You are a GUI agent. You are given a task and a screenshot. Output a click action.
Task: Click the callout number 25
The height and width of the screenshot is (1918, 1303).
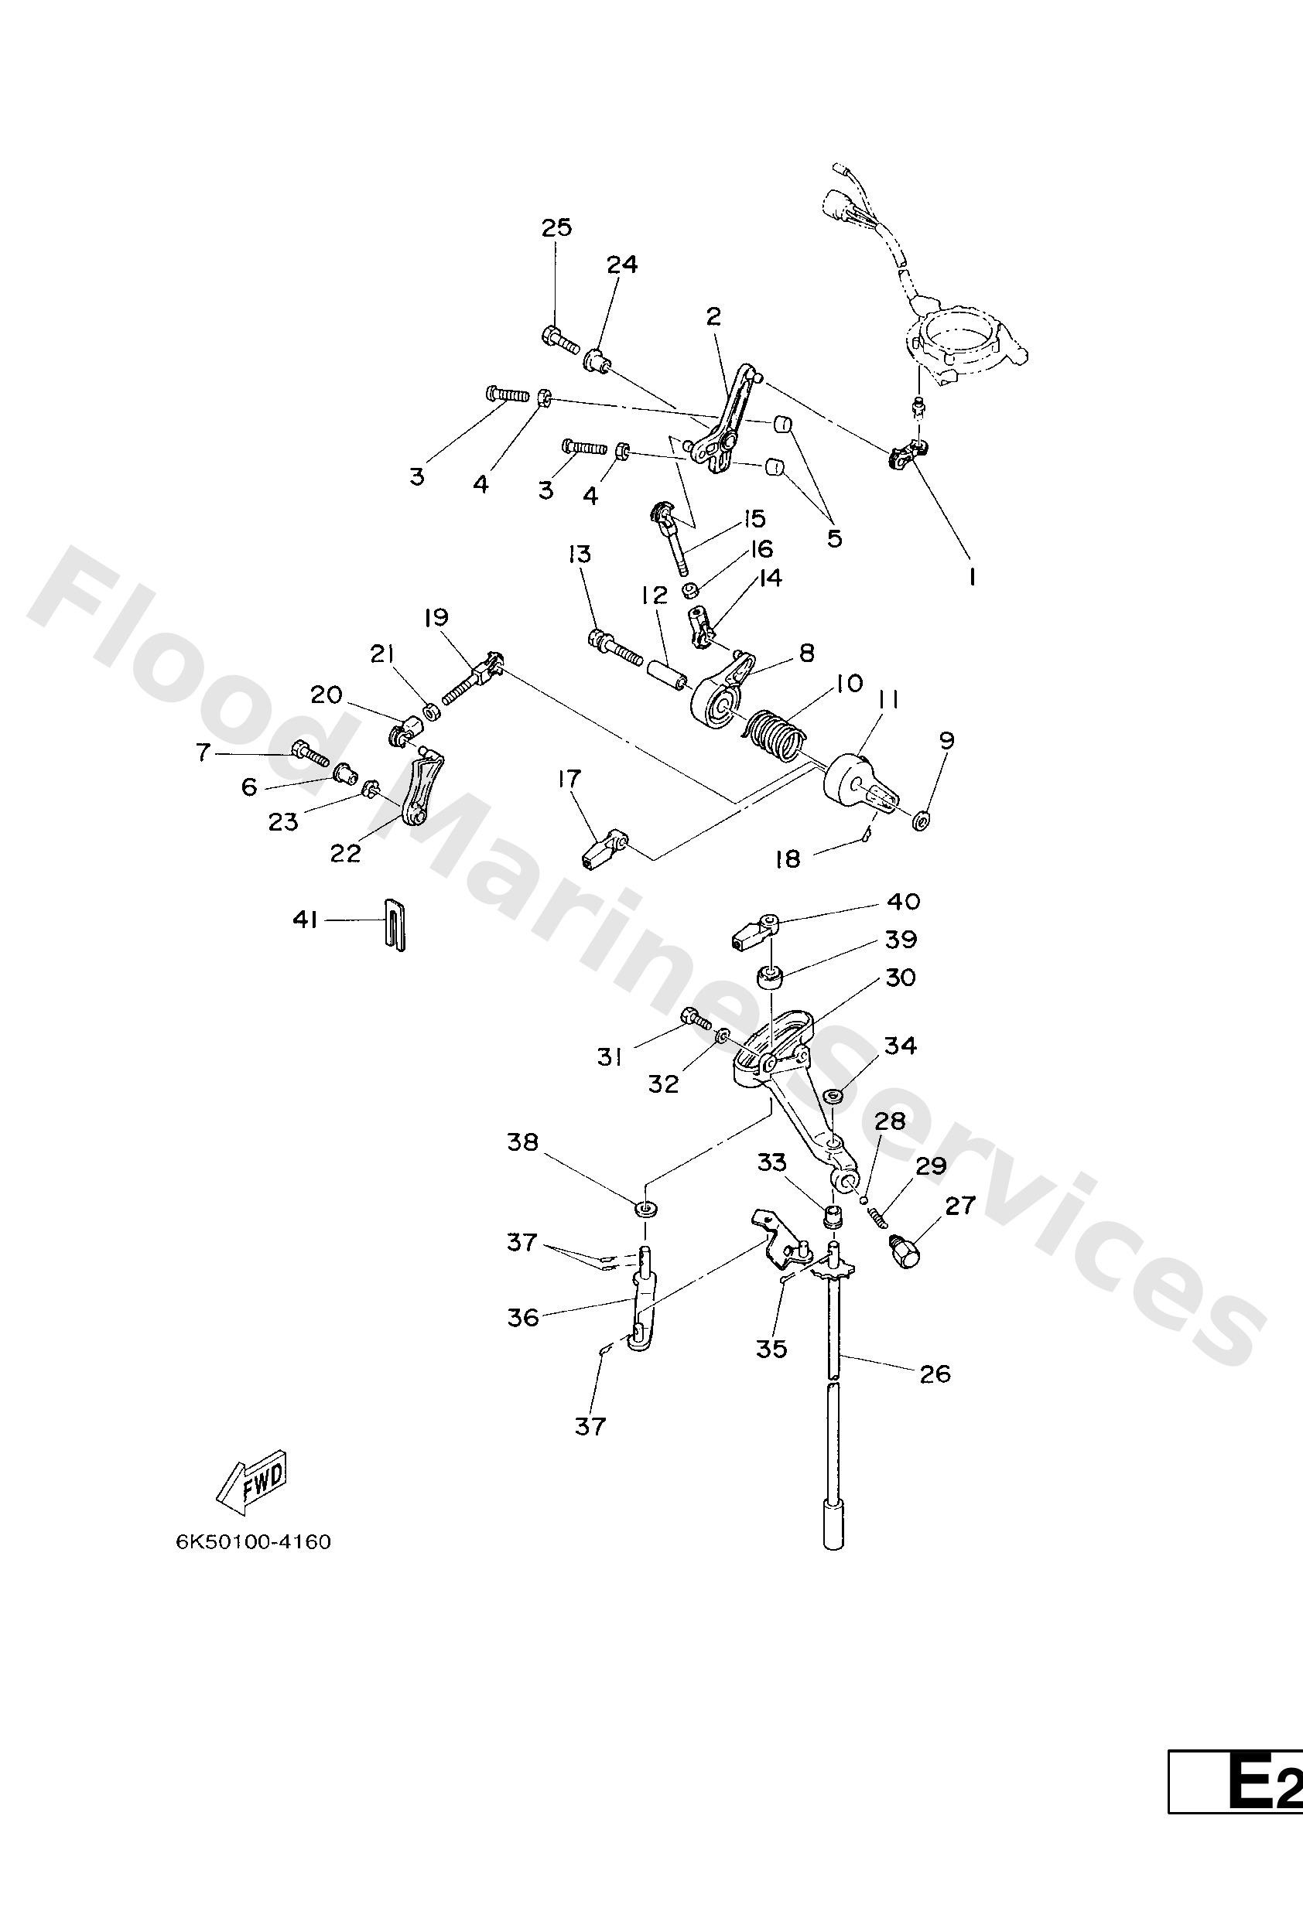556,228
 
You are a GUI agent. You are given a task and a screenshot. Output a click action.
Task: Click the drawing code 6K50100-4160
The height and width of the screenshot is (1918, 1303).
254,1541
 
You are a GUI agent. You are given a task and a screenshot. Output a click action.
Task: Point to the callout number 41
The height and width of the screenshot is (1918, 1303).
306,920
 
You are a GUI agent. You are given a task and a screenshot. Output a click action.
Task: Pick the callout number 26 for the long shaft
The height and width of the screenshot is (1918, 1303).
935,1374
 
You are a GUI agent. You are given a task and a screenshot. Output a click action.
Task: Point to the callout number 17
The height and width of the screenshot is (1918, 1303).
569,778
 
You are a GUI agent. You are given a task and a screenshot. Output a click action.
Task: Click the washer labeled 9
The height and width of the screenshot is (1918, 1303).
922,821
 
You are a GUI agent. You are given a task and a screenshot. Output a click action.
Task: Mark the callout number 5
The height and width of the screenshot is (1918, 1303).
835,539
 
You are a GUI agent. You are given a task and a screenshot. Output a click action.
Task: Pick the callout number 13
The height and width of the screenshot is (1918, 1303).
580,554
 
